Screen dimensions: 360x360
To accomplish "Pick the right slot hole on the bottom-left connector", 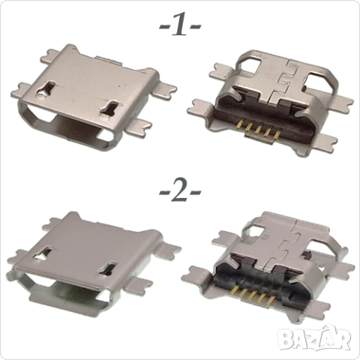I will pos(109,269).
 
